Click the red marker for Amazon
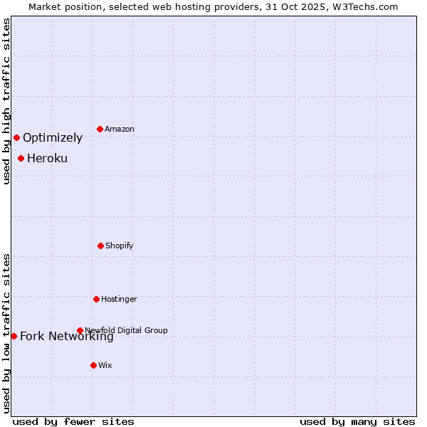click(x=100, y=129)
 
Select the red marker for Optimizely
click(x=16, y=137)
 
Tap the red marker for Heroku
click(x=21, y=158)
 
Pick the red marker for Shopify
click(x=100, y=246)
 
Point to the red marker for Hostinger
click(x=96, y=299)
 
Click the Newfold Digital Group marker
click(x=80, y=330)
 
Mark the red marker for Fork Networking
click(x=14, y=336)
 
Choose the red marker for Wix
click(x=93, y=365)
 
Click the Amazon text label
click(x=120, y=129)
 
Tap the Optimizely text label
click(x=53, y=137)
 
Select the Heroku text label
click(x=47, y=158)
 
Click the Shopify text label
click(x=120, y=246)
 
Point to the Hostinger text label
click(x=119, y=299)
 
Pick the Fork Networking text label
click(x=67, y=337)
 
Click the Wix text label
click(x=105, y=365)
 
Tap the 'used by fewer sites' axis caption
click(x=73, y=421)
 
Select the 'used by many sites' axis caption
click(x=357, y=421)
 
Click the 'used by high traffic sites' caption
click(x=6, y=101)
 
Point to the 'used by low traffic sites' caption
click(x=6, y=333)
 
